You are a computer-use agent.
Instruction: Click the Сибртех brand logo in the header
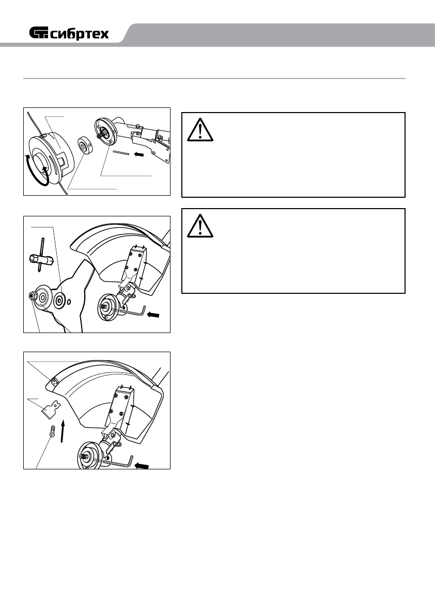(69, 34)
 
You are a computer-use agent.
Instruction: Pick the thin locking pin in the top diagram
(122, 153)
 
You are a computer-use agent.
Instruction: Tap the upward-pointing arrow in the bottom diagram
(63, 431)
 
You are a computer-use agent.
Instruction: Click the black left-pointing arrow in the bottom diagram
(142, 466)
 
